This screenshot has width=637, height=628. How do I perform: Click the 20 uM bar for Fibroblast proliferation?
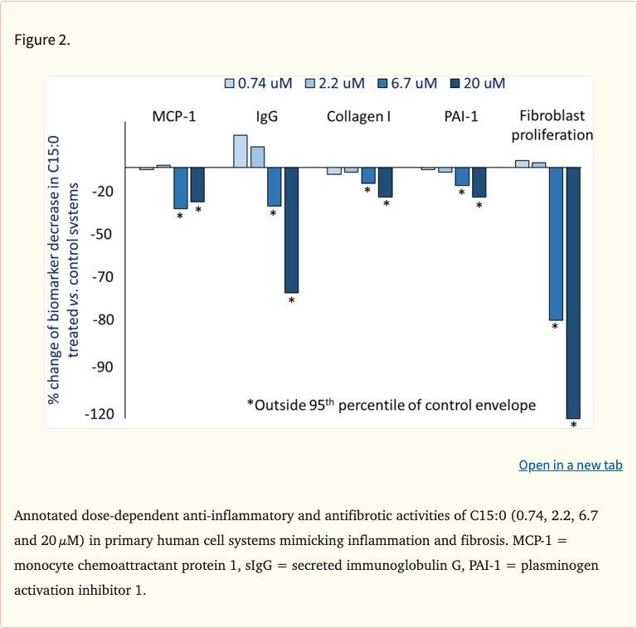[x=573, y=292]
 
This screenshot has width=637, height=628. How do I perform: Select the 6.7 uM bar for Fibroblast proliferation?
[x=556, y=243]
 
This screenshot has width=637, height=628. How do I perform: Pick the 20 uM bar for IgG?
[x=291, y=230]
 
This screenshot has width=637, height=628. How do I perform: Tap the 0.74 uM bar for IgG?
[x=241, y=151]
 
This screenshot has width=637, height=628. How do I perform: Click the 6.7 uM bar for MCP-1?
[x=180, y=187]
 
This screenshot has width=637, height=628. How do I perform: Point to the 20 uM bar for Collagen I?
[x=386, y=182]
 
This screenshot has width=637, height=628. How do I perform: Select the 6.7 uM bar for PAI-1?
[x=462, y=176]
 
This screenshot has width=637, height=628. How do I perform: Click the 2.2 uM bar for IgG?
[x=257, y=157]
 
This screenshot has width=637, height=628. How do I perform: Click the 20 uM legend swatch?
[x=454, y=83]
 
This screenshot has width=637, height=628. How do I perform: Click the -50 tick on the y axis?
[x=103, y=235]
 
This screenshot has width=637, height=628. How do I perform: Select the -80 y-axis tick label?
[x=103, y=320]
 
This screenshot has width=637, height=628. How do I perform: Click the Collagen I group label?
[x=358, y=116]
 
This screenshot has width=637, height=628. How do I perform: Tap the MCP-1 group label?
[x=174, y=116]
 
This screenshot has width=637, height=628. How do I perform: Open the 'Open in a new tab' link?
[x=570, y=465]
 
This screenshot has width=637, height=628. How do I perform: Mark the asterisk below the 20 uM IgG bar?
[x=291, y=300]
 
